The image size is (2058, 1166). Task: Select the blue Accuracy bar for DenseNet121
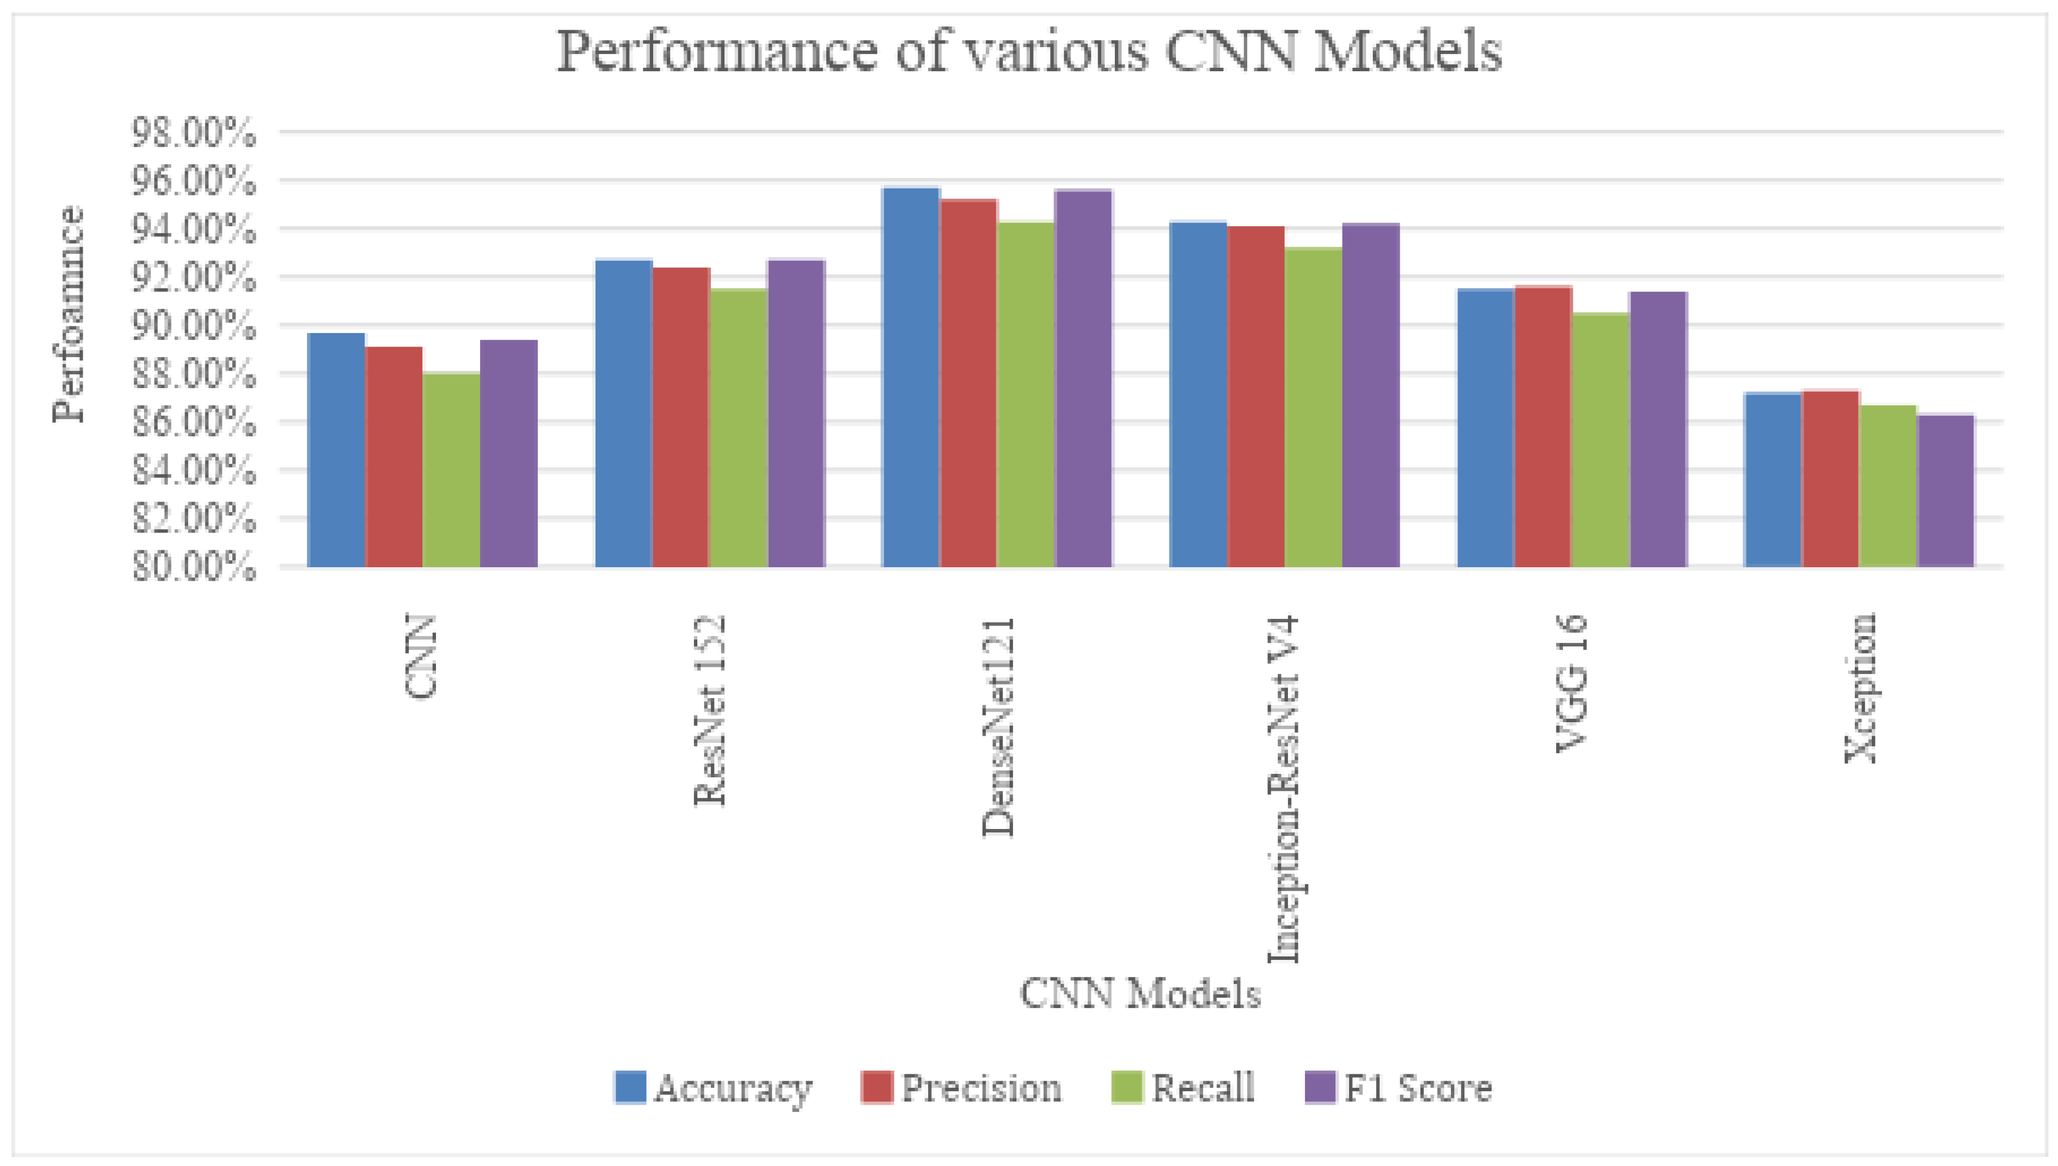pos(911,377)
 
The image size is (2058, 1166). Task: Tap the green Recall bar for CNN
pos(451,470)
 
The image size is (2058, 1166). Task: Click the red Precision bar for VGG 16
pos(1543,426)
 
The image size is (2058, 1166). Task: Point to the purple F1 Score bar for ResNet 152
pos(796,413)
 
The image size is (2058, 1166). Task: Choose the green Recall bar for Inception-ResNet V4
pos(1314,407)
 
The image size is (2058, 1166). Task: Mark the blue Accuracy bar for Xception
pos(1773,480)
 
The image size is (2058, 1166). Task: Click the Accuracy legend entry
pos(713,1088)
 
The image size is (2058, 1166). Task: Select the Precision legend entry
pos(961,1088)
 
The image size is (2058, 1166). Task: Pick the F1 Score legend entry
pos(1398,1088)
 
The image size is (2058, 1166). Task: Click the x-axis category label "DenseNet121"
pos(999,726)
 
